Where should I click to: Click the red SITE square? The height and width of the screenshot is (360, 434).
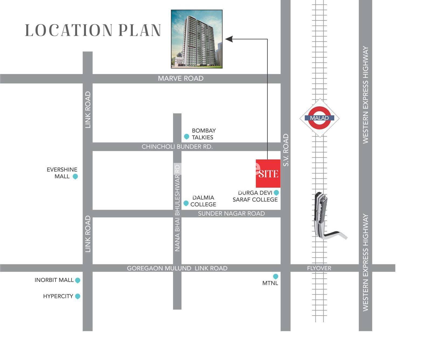click(x=268, y=173)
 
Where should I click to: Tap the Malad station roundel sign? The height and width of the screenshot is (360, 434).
click(x=319, y=118)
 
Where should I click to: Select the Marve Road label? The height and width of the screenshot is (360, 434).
click(x=181, y=78)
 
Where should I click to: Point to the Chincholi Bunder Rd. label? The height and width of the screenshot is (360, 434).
click(x=177, y=147)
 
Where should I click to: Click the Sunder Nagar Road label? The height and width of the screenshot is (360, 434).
click(x=231, y=214)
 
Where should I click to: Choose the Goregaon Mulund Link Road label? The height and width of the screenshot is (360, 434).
click(x=177, y=268)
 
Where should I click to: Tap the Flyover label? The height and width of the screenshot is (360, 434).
click(x=319, y=268)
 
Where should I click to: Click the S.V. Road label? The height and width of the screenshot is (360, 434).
click(x=286, y=150)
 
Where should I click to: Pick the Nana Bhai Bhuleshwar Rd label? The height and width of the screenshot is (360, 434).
click(x=177, y=208)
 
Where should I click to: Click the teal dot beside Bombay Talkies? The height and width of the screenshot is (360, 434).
click(x=186, y=137)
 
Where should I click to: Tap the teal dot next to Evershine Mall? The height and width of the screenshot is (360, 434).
click(x=75, y=176)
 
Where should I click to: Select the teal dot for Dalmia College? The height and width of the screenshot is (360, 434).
click(x=186, y=203)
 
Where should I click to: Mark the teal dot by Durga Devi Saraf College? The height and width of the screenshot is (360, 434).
click(x=276, y=193)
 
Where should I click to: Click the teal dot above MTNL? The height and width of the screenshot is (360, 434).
click(x=275, y=276)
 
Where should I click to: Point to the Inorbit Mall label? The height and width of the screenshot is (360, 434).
click(x=54, y=280)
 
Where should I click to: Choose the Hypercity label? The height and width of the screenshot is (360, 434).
click(x=58, y=296)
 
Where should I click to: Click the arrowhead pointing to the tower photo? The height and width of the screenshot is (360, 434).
click(x=229, y=39)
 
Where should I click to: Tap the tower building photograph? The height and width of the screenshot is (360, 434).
click(x=197, y=39)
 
